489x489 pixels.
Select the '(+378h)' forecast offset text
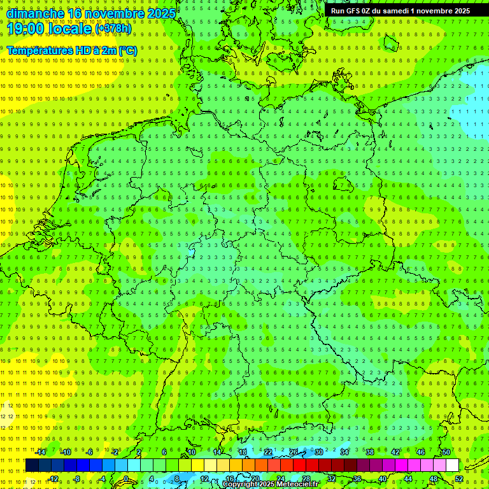pos(113,29)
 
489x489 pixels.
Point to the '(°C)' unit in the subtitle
pos(126,50)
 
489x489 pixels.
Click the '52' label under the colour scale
pos(458,479)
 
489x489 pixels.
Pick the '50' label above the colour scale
pos(446,452)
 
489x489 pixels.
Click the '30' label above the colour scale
pos(319,452)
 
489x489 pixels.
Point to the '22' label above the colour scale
pos(268,452)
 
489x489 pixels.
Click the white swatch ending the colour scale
pos(452,465)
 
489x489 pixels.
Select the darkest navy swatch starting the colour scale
pos(32,465)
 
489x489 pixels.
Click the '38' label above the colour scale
pos(370,452)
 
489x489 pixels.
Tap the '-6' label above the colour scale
pos(90,452)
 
